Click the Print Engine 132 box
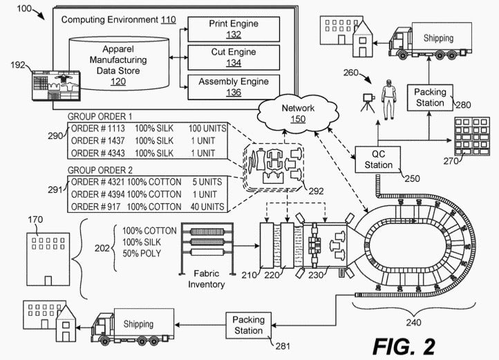click(x=234, y=29)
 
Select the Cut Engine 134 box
click(x=234, y=57)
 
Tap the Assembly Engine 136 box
click(x=234, y=87)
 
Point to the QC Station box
click(x=378, y=160)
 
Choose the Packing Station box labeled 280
click(x=430, y=97)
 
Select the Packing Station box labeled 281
click(x=249, y=325)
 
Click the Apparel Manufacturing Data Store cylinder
click(x=119, y=64)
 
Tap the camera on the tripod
click(x=368, y=102)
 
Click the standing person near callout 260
click(x=389, y=100)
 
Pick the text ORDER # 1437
click(x=97, y=141)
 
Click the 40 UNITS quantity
click(x=207, y=207)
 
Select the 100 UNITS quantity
click(x=207, y=129)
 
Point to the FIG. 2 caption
click(x=404, y=346)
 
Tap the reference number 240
click(x=413, y=323)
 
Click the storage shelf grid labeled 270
click(x=472, y=136)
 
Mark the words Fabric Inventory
click(x=206, y=279)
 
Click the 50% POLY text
click(x=142, y=254)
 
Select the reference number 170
click(x=35, y=220)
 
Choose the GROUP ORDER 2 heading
click(x=100, y=170)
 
